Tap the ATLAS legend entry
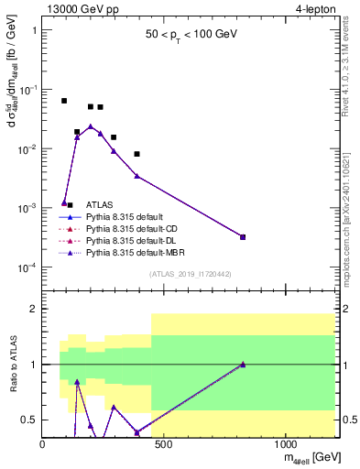tap(100, 205)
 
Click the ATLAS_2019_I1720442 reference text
tap(190, 274)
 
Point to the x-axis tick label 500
tap(164, 443)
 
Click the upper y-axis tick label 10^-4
tap(27, 267)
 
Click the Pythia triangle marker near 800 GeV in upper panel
tap(243, 236)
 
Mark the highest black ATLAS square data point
tap(64, 101)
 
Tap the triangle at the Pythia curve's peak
tap(91, 126)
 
